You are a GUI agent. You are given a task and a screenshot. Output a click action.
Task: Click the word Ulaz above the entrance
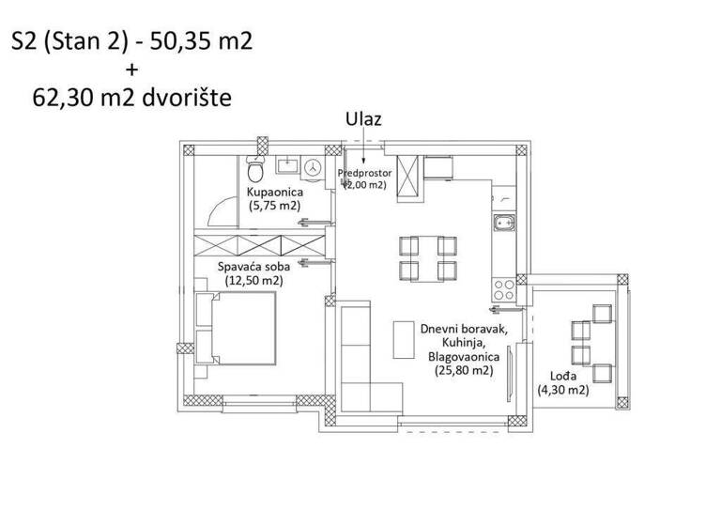[x=364, y=119]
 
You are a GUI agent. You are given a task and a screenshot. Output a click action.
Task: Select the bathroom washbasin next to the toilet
[x=287, y=166]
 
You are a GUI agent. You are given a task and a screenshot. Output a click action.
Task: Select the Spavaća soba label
[x=250, y=266]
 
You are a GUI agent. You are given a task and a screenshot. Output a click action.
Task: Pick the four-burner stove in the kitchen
[x=503, y=287]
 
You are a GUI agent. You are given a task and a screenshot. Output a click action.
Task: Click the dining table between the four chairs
[x=427, y=259]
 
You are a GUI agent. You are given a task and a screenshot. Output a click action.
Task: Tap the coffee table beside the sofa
[x=405, y=339]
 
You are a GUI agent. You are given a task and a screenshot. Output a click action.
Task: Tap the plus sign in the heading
[x=130, y=69]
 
